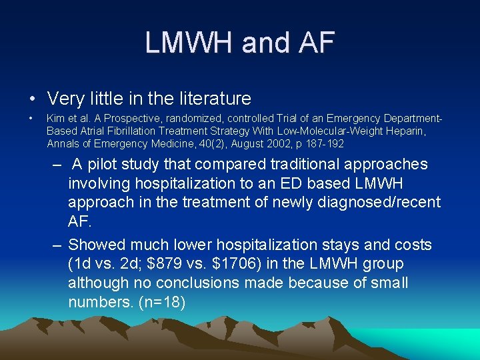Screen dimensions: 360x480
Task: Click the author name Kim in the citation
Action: (56, 119)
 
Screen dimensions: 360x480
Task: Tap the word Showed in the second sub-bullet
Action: (97, 245)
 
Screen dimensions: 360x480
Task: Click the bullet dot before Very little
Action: (32, 99)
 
